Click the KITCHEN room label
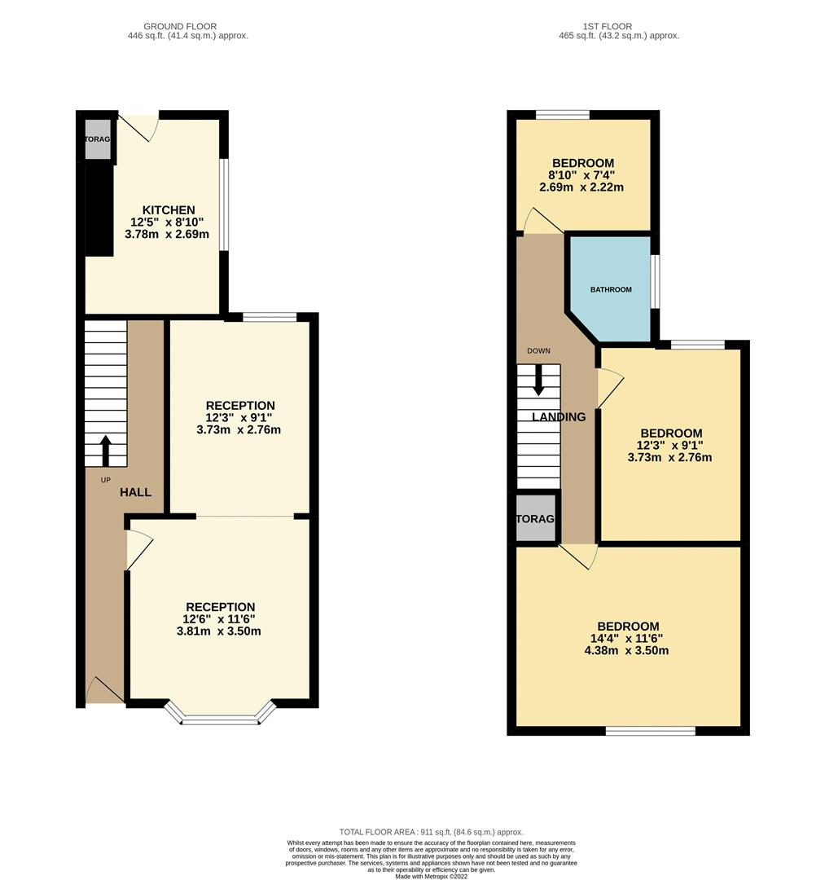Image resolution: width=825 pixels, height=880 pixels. [x=169, y=210]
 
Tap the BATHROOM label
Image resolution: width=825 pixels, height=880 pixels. [x=611, y=289]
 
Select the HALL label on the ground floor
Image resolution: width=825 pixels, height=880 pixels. [x=136, y=492]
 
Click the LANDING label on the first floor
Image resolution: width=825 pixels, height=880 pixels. [x=559, y=417]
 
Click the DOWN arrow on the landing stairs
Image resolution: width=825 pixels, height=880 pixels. [x=538, y=380]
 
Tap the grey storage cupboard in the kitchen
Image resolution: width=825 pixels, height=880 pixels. [x=98, y=139]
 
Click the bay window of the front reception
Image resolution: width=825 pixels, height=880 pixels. [x=221, y=719]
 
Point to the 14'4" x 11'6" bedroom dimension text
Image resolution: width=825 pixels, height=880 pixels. [x=626, y=639]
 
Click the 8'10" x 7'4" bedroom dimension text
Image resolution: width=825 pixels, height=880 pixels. [x=581, y=175]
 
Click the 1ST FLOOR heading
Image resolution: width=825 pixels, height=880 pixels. [x=608, y=27]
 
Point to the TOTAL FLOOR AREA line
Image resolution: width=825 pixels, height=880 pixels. [x=432, y=832]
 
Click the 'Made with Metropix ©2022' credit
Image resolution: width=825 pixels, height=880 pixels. [x=432, y=876]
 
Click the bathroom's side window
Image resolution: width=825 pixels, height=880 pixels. [x=654, y=282]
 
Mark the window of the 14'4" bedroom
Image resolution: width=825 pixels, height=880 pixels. [x=651, y=731]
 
